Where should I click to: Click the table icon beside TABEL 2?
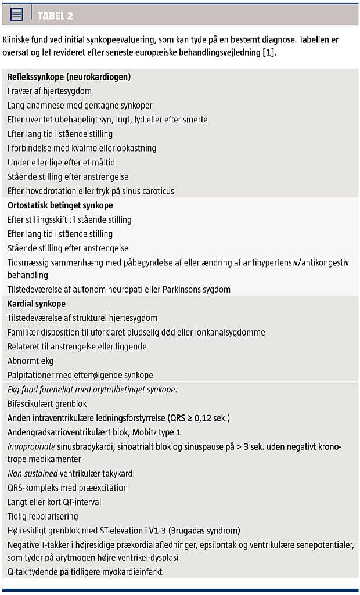[17, 15]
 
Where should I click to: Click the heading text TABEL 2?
[55, 16]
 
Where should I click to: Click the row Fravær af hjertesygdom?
[49, 91]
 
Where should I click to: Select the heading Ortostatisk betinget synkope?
[60, 205]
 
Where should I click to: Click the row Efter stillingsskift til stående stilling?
[70, 220]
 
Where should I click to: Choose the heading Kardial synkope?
[37, 304]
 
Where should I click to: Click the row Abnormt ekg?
[30, 360]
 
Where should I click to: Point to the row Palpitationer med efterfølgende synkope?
[80, 375]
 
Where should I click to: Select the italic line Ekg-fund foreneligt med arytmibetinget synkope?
[92, 390]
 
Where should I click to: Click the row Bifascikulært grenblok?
[48, 403]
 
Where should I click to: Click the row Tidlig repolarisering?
[43, 516]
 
